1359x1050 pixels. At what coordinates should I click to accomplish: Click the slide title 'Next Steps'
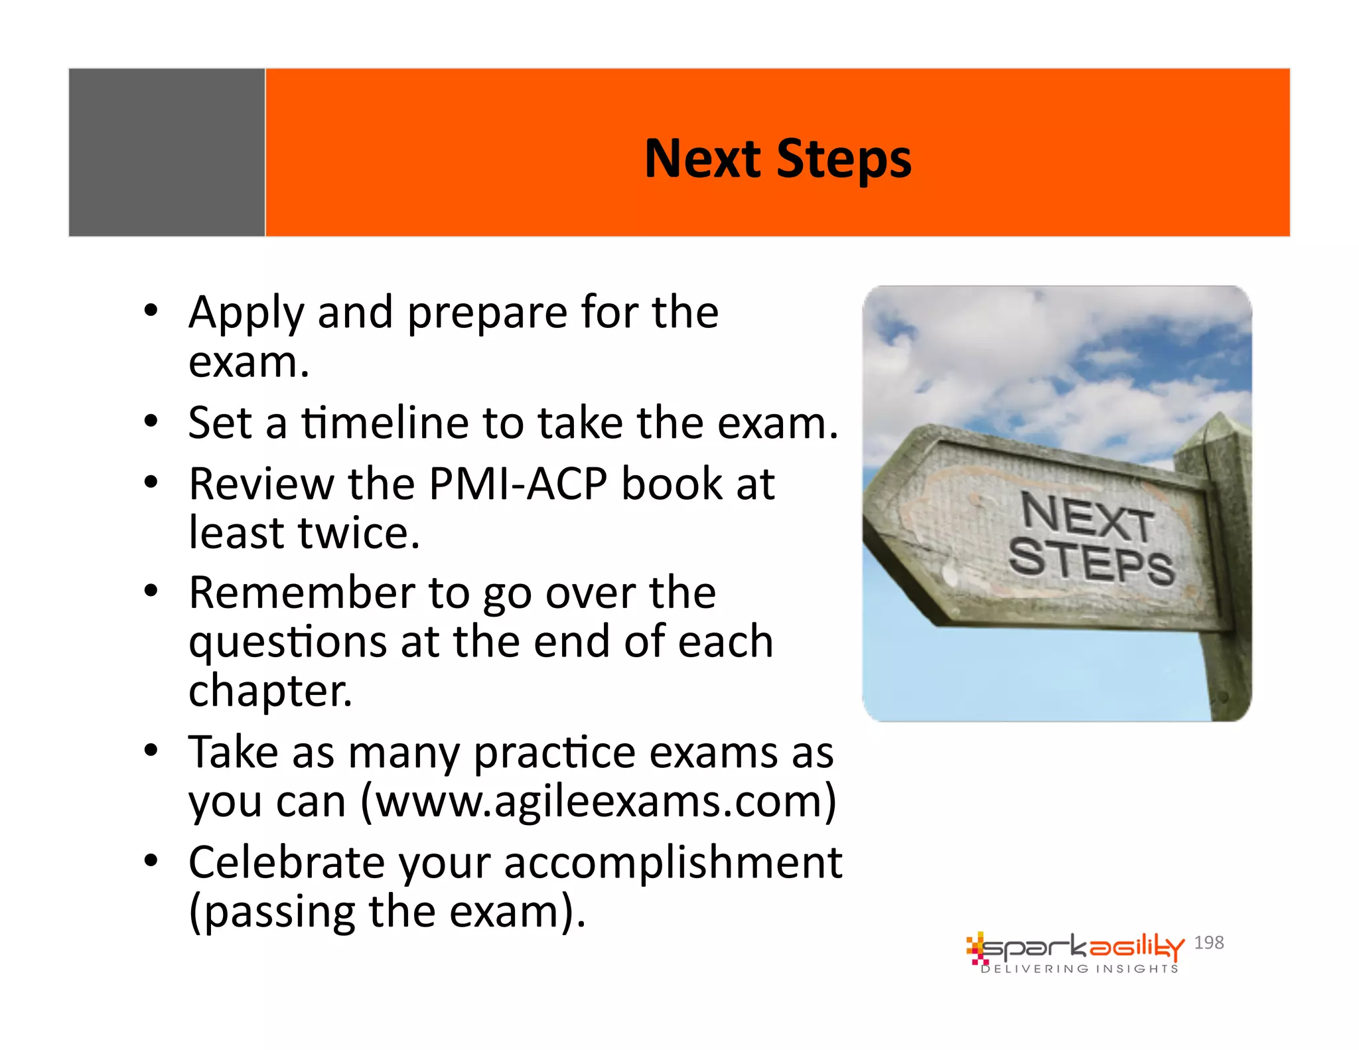[x=778, y=159]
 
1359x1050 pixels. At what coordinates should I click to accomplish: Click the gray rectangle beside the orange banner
[x=167, y=153]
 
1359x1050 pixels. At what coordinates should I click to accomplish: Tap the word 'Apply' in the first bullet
[x=246, y=313]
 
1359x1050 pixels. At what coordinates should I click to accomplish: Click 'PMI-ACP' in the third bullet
[x=518, y=484]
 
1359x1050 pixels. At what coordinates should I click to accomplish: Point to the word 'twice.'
[x=359, y=533]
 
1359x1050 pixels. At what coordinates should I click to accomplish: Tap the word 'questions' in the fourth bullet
[x=287, y=642]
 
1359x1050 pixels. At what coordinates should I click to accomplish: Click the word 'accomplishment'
[x=673, y=863]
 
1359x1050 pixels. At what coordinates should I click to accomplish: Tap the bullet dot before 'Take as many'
[x=151, y=751]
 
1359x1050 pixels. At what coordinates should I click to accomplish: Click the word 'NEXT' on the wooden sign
[x=1088, y=518]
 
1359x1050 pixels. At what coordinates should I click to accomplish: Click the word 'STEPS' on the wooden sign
[x=1091, y=562]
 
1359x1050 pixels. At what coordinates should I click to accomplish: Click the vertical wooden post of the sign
[x=1226, y=597]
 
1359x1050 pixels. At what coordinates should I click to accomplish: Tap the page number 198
[x=1208, y=942]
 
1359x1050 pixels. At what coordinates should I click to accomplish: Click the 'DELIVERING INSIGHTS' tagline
[x=1080, y=969]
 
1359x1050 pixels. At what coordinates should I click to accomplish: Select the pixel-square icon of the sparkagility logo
[x=975, y=949]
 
